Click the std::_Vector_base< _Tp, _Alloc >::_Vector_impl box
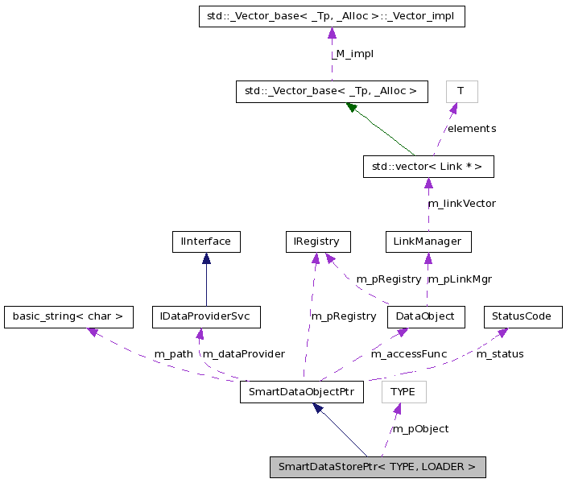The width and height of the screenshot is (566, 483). (332, 16)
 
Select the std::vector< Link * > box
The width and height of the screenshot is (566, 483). (427, 167)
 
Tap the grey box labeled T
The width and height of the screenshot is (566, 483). (461, 91)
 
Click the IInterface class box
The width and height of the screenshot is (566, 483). (206, 242)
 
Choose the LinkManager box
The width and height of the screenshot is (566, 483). (428, 242)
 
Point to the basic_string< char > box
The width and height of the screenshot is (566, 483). (68, 316)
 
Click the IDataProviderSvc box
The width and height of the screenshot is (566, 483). (206, 316)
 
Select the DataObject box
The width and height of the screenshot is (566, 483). (426, 316)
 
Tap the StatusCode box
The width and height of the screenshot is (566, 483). (522, 316)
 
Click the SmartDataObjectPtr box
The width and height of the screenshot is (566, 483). (302, 392)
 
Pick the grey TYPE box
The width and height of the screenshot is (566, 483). (403, 392)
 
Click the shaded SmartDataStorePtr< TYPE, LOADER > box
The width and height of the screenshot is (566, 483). (378, 467)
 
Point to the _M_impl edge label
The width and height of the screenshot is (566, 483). (353, 54)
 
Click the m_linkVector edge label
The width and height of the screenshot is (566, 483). (461, 204)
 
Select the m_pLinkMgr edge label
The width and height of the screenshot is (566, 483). (459, 279)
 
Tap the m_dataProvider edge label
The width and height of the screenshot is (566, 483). (243, 354)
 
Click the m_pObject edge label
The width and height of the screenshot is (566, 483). (420, 429)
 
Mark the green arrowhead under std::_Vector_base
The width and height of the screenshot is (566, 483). (352, 107)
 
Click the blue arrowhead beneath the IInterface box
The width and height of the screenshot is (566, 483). (206, 258)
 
